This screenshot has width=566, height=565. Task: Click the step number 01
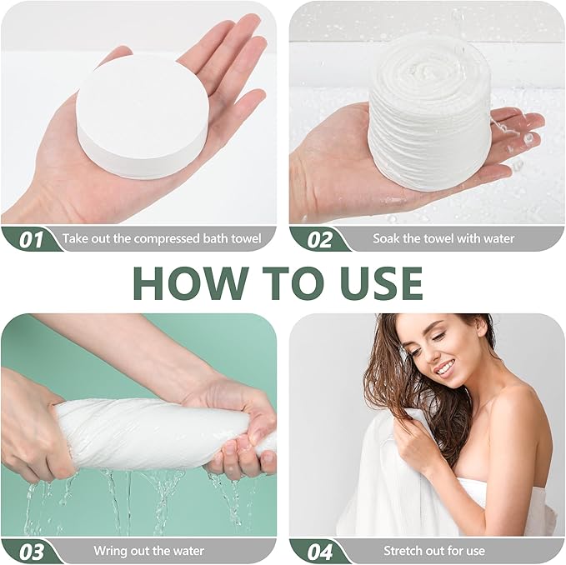tap(31, 240)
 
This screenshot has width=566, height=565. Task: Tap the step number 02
tap(319, 240)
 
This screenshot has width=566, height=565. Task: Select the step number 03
tap(32, 552)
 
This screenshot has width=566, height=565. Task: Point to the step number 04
tap(320, 552)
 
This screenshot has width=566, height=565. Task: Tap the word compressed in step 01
tap(161, 239)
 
